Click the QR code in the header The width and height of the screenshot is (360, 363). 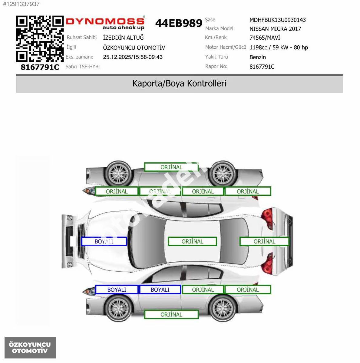click(40, 39)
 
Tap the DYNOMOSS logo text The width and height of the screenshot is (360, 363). click(105, 21)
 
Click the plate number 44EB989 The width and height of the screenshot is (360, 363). click(179, 23)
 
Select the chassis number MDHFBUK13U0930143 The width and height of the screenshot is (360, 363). click(277, 20)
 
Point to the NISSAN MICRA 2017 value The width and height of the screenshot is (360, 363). click(275, 29)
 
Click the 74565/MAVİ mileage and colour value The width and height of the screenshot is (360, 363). click(265, 38)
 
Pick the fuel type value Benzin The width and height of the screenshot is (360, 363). click(258, 57)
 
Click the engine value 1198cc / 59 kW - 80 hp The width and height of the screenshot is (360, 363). click(279, 47)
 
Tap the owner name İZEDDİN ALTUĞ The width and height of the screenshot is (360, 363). click(123, 38)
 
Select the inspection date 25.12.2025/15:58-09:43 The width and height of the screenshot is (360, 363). click(133, 57)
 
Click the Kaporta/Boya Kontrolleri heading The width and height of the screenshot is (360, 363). click(179, 83)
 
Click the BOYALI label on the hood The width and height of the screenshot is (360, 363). click(104, 241)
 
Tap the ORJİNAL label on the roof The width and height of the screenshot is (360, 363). click(192, 241)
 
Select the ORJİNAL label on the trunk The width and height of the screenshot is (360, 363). click(264, 241)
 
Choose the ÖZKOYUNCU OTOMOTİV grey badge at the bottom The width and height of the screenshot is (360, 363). click(30, 348)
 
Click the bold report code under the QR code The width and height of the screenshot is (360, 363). click(40, 67)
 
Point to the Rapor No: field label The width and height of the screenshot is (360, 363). click(216, 67)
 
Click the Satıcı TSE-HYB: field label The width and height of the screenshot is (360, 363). click(83, 67)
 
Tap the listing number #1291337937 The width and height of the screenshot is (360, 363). click(21, 4)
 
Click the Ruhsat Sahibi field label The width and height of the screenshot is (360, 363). click(82, 37)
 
